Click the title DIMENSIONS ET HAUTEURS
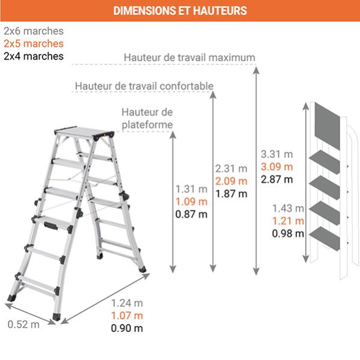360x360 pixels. pyautogui.click(x=180, y=11)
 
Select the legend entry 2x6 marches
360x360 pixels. pyautogui.click(x=33, y=31)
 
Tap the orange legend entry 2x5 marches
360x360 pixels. pyautogui.click(x=33, y=44)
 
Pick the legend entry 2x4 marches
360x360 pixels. pyautogui.click(x=33, y=56)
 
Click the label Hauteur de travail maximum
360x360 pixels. pyautogui.click(x=189, y=58)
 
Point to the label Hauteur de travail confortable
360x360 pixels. pyautogui.click(x=144, y=87)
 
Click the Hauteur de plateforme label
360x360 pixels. pyautogui.click(x=147, y=118)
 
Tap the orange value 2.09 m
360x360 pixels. pyautogui.click(x=231, y=181)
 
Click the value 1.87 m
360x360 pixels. pyautogui.click(x=231, y=194)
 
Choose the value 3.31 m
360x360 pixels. pyautogui.click(x=277, y=154)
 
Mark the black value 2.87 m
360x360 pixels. pyautogui.click(x=277, y=179)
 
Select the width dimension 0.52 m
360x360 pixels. pyautogui.click(x=23, y=325)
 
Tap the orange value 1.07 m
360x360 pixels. pyautogui.click(x=127, y=316)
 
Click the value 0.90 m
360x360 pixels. pyautogui.click(x=127, y=328)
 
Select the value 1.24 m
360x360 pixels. pyautogui.click(x=127, y=303)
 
